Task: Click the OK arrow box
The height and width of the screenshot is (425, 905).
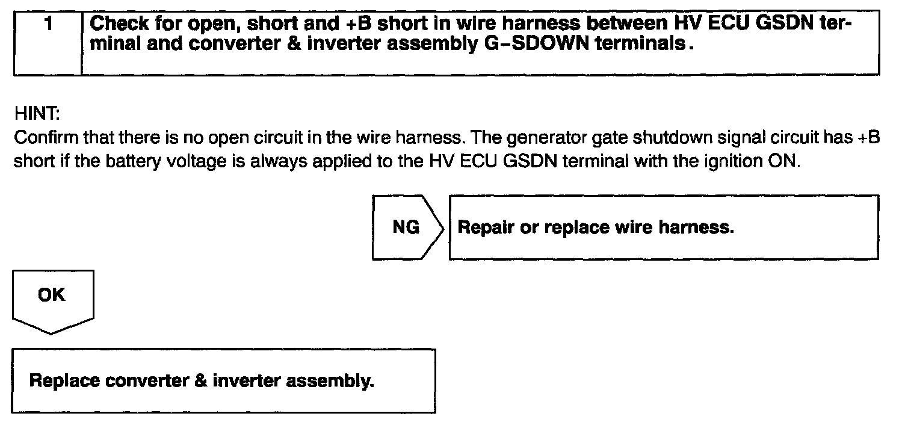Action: (x=52, y=297)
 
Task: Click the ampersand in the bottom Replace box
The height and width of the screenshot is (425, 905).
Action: (x=202, y=382)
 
